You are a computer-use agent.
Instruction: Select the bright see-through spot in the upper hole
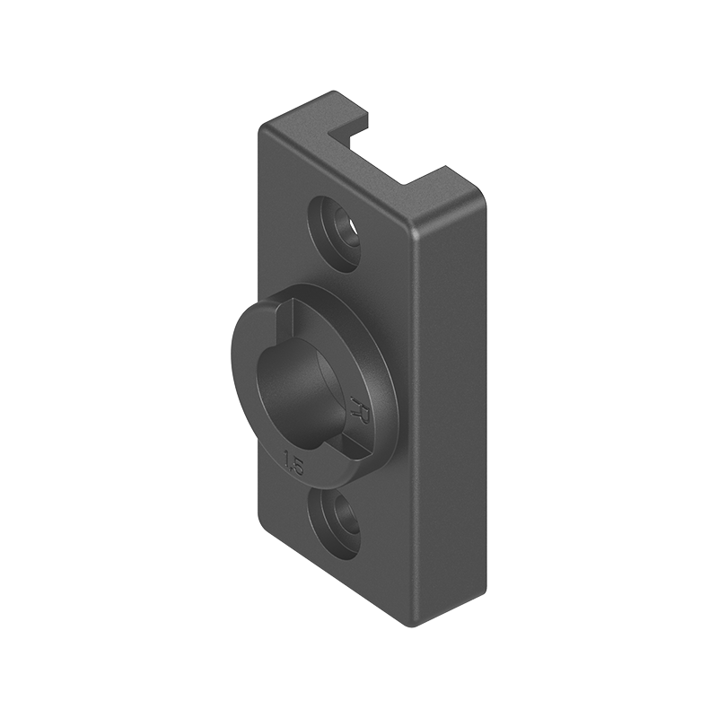click(x=351, y=238)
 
